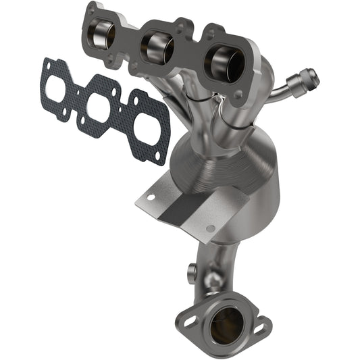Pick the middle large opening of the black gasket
click(99, 108)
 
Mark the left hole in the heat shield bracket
click(151, 198)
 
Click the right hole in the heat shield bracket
click(211, 229)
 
